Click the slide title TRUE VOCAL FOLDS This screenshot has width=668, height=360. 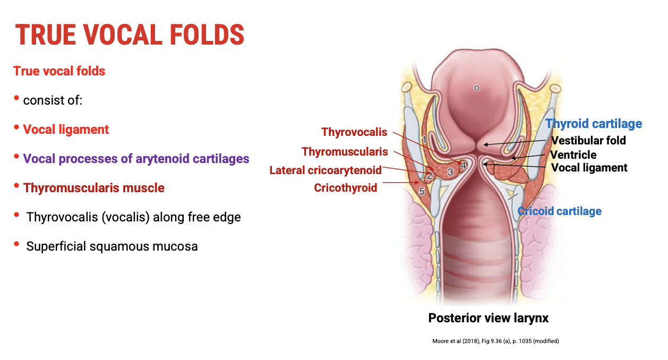(x=130, y=35)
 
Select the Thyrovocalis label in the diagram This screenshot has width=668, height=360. (x=354, y=132)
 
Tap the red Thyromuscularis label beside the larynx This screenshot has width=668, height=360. (x=345, y=152)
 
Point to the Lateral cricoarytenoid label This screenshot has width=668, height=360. (x=326, y=170)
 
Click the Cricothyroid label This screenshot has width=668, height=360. (x=345, y=188)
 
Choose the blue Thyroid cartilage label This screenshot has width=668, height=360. (x=594, y=124)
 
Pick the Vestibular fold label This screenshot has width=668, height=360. (x=588, y=141)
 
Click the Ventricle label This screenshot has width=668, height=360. (x=573, y=155)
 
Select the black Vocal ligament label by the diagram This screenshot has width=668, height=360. (x=589, y=168)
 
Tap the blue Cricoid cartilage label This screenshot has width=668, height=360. (x=560, y=211)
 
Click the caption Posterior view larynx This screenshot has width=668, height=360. (x=488, y=318)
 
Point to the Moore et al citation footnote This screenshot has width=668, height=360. (x=495, y=341)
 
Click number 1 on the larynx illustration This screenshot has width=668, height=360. (x=424, y=139)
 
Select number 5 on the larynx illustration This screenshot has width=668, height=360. (x=422, y=192)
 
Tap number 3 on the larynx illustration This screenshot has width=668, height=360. (x=450, y=172)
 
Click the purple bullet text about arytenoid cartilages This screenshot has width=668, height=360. (x=136, y=159)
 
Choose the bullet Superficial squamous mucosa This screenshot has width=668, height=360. (x=112, y=246)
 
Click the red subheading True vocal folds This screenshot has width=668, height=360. (x=59, y=71)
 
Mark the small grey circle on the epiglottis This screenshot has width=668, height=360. (x=477, y=88)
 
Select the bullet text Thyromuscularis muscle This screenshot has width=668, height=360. (x=94, y=188)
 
